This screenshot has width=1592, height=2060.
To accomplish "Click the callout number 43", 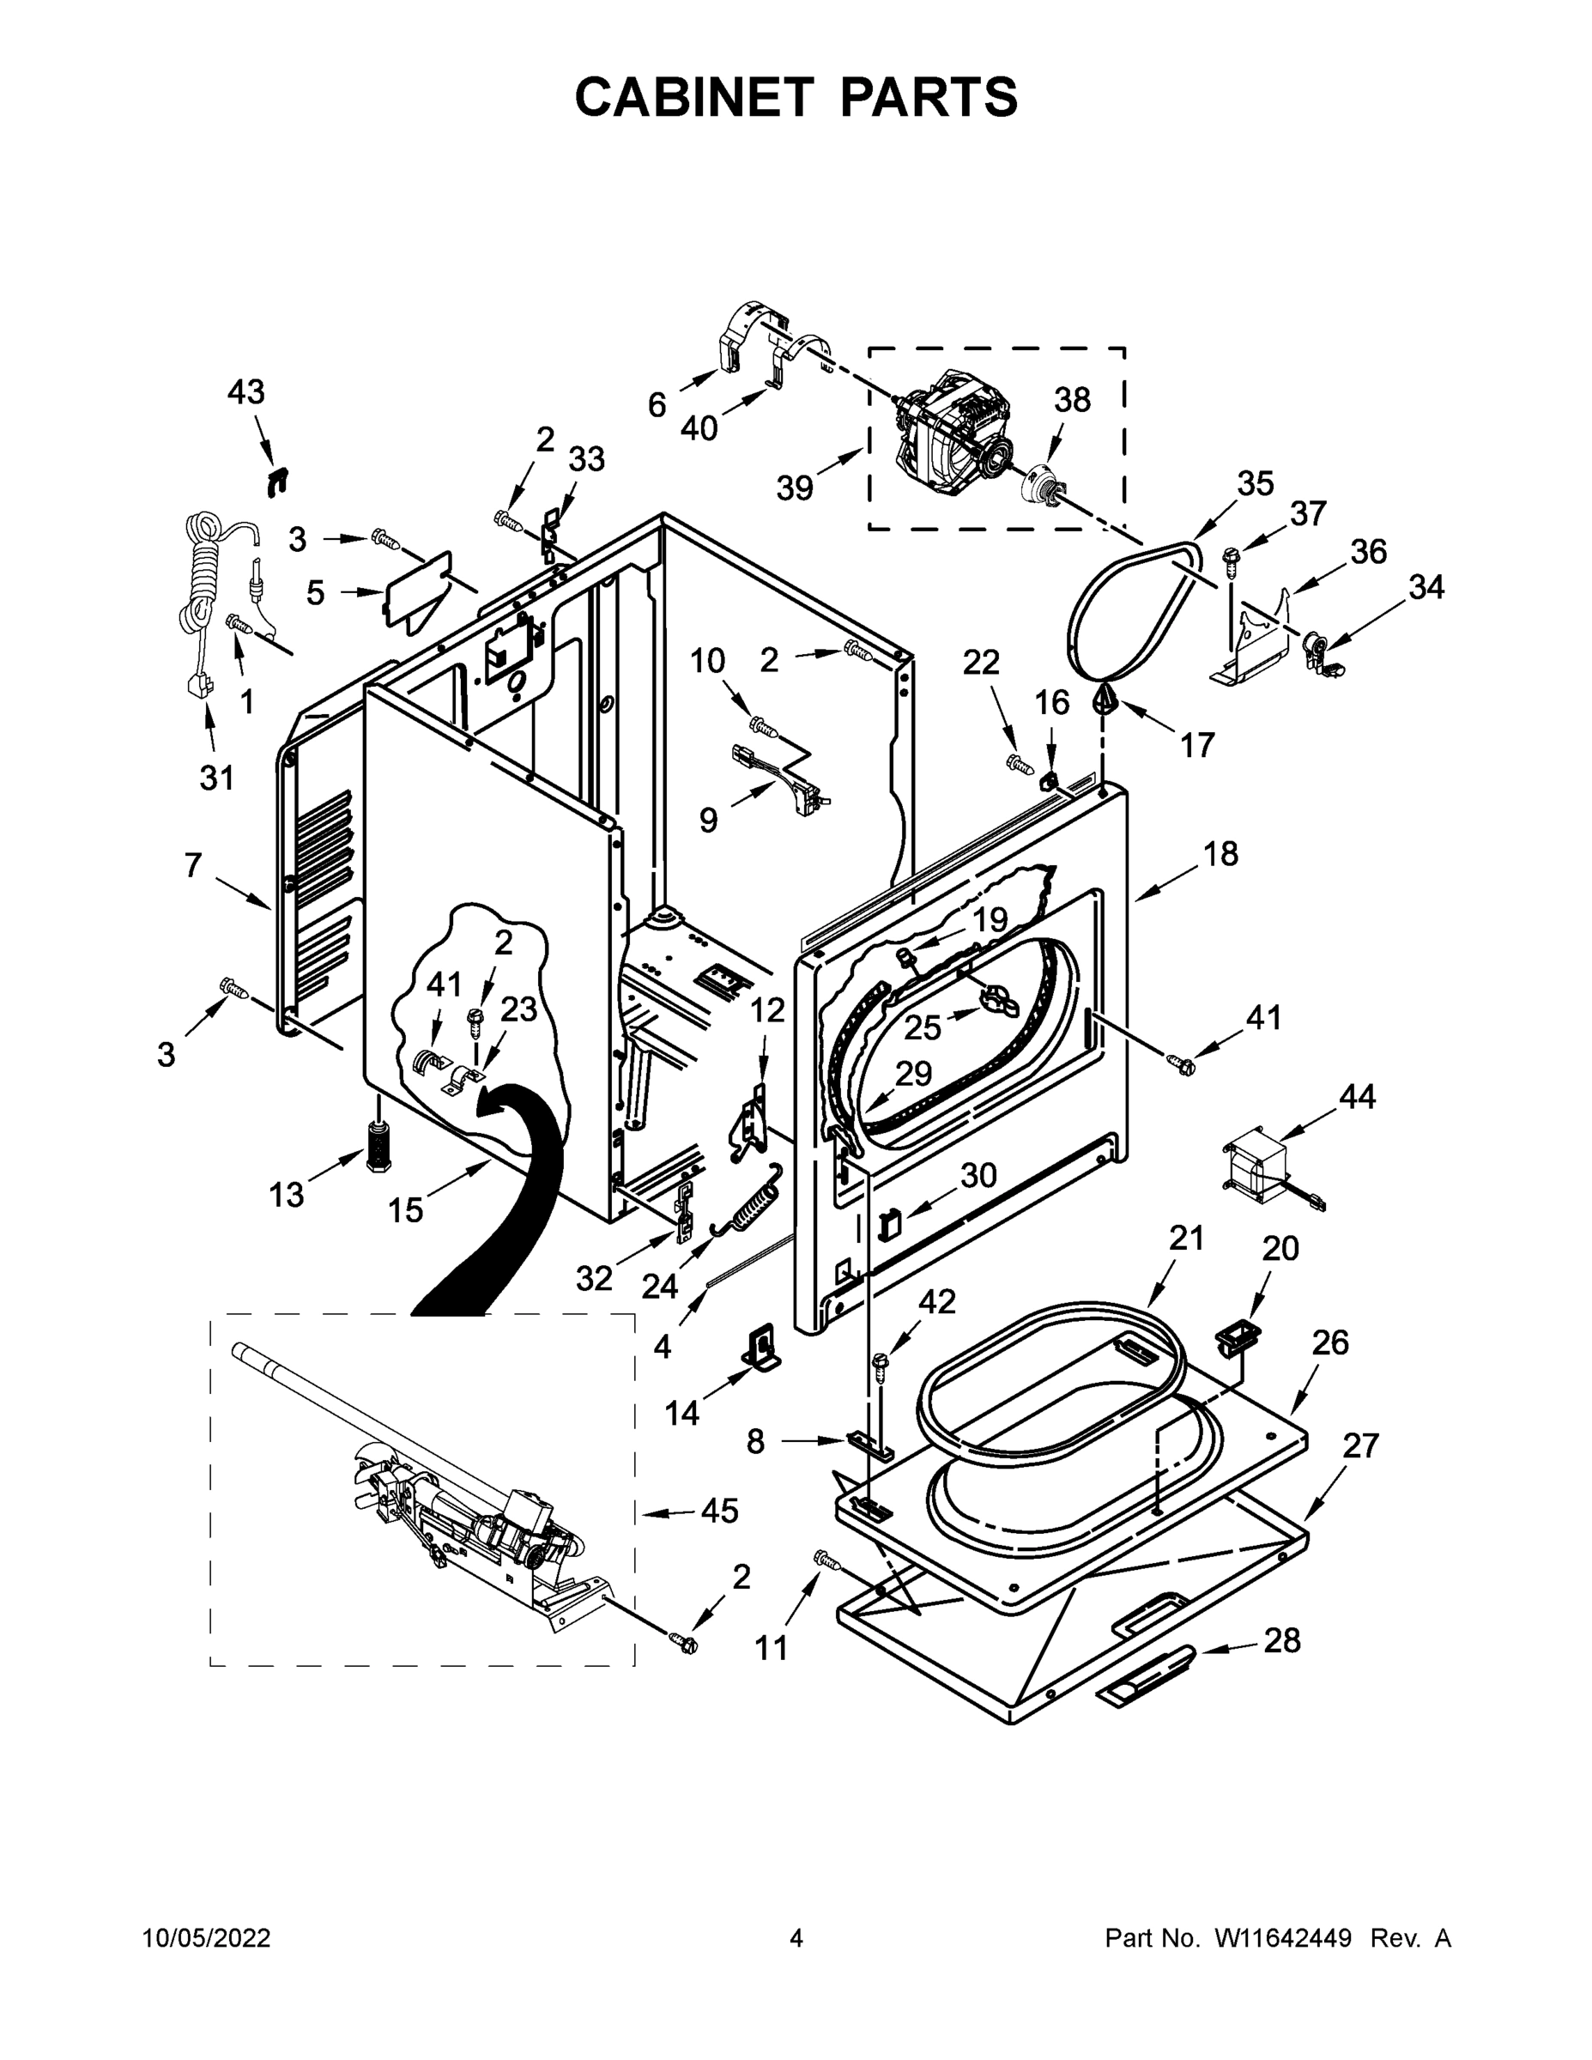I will click(x=246, y=392).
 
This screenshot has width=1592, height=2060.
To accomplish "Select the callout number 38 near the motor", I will click(x=1072, y=400).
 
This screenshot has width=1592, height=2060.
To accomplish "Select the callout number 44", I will click(x=1357, y=1096).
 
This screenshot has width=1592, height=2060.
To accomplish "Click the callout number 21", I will click(x=1186, y=1239).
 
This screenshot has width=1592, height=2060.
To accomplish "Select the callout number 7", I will click(x=193, y=864).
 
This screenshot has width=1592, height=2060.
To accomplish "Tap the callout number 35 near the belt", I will click(x=1256, y=483).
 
